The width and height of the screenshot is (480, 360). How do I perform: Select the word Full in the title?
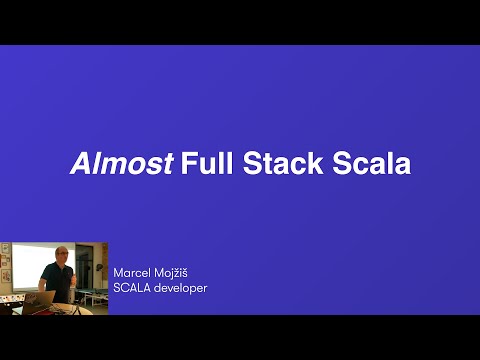pos(205,164)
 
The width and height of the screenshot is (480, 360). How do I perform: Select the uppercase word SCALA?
pos(132,290)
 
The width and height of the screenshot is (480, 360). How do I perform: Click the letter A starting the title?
pos(78,164)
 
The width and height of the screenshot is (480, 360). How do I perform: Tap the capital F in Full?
pos(189,164)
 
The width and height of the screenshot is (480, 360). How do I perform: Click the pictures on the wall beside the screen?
pos(5,266)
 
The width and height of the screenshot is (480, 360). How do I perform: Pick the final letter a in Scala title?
pos(403,166)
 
